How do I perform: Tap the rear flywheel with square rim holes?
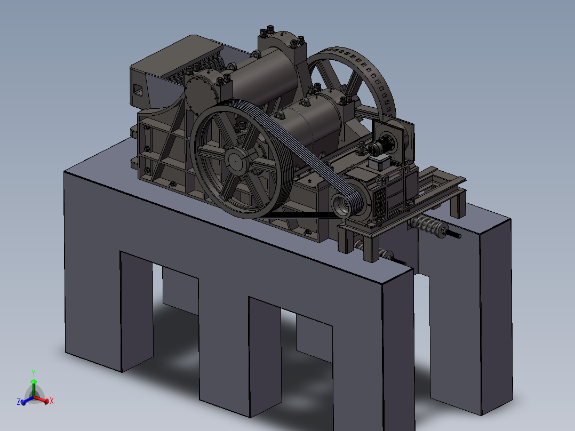pos(373,80)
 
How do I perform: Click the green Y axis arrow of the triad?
pos(33,380)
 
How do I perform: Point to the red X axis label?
pos(52,401)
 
